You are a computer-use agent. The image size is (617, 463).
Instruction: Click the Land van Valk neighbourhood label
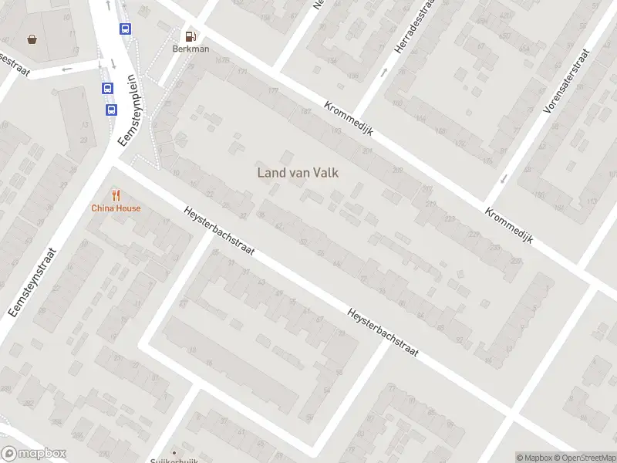click(298, 173)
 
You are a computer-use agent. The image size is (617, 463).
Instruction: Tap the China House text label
click(116, 208)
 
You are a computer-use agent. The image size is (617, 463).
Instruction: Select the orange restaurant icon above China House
click(116, 195)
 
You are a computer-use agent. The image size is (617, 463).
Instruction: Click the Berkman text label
click(190, 49)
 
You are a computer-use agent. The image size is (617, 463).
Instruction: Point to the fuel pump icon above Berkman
click(190, 35)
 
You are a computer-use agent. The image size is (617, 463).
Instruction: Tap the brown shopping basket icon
click(32, 39)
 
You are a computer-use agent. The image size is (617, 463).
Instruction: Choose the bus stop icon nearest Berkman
click(125, 29)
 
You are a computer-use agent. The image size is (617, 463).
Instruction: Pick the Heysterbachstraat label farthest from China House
click(383, 333)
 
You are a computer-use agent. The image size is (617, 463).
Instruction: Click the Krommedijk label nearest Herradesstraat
click(349, 119)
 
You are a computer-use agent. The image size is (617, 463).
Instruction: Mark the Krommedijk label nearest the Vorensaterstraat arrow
click(509, 225)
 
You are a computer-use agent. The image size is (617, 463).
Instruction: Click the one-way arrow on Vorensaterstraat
click(504, 179)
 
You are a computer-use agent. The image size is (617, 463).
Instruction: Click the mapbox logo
click(34, 454)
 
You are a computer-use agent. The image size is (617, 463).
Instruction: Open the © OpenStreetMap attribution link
click(584, 457)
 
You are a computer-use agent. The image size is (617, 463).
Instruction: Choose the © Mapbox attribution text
click(534, 457)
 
